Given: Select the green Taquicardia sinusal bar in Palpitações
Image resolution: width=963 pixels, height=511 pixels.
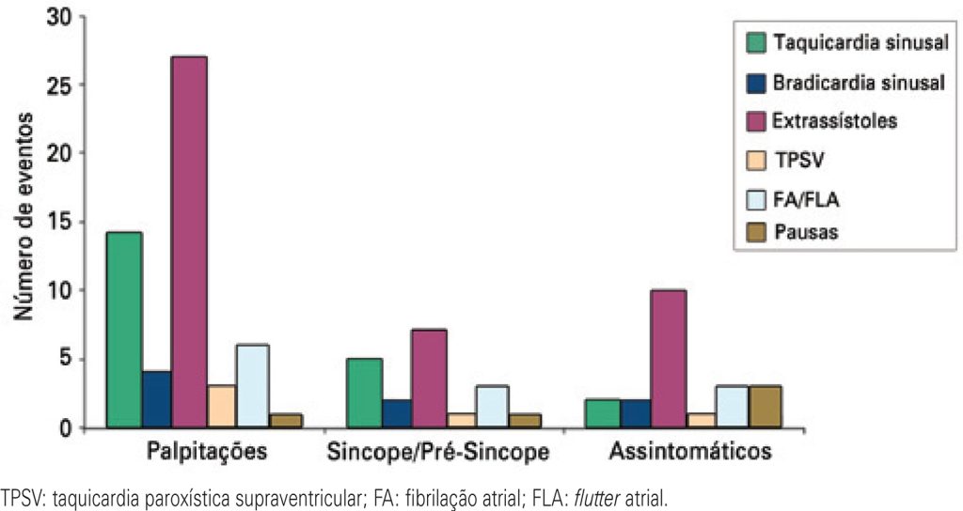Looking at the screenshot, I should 124,330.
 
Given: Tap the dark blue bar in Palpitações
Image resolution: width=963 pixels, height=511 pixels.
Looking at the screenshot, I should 156,399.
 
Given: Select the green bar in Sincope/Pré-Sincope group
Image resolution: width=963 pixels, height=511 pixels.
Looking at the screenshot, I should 364,393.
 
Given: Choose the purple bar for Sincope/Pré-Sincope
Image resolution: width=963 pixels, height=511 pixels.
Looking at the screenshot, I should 429,379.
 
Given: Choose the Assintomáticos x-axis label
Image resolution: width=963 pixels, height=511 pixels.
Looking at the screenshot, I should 691,452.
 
